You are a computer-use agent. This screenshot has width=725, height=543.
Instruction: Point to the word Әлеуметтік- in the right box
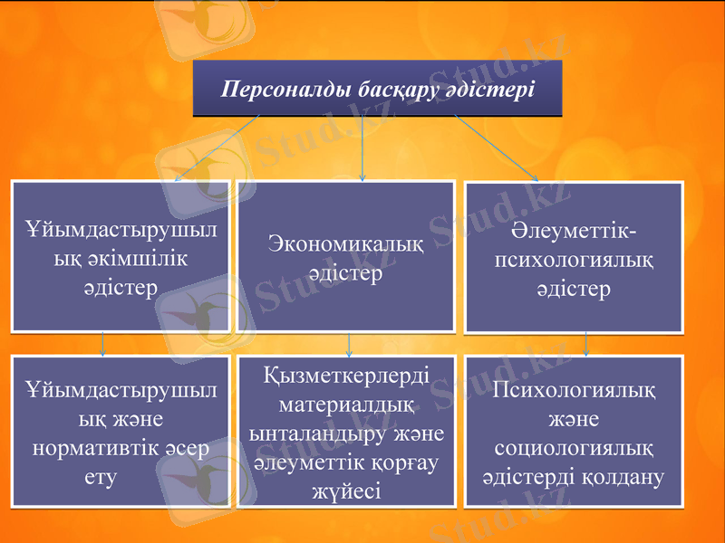point(573,234)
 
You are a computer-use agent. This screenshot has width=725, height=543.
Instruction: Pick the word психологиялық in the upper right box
point(573,262)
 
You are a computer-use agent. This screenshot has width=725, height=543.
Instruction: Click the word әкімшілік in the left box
point(120,259)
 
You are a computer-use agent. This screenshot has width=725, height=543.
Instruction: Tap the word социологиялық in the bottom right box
point(573,448)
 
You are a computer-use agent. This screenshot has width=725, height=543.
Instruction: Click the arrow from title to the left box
point(217,148)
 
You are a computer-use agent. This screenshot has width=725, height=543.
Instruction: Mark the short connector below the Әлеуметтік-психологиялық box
point(587,343)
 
